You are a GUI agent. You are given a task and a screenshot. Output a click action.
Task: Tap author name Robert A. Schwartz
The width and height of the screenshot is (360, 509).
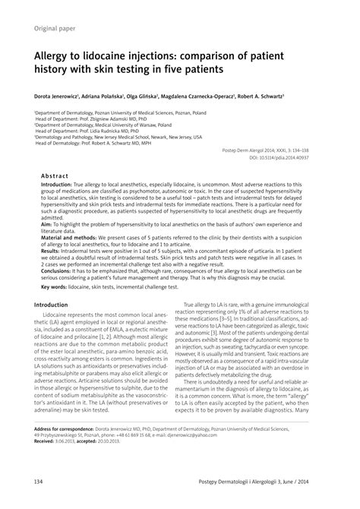257,98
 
